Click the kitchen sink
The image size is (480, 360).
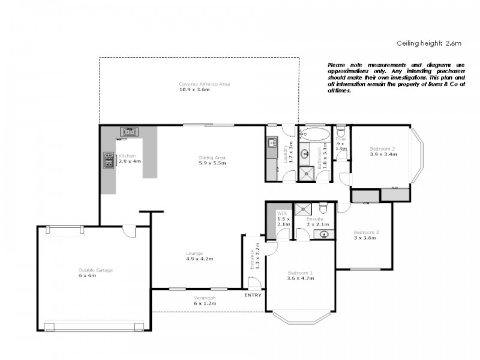tap(129, 131)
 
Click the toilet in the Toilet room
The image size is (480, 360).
tap(341, 133)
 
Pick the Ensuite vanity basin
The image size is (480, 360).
tap(324, 234)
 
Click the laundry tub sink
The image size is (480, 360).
tap(271, 143)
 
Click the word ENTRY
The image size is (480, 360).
tap(253, 295)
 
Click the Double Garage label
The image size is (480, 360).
tap(95, 270)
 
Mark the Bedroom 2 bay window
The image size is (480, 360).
tap(418, 155)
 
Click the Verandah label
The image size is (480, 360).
tap(204, 298)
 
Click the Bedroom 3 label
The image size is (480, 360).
tap(364, 232)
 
